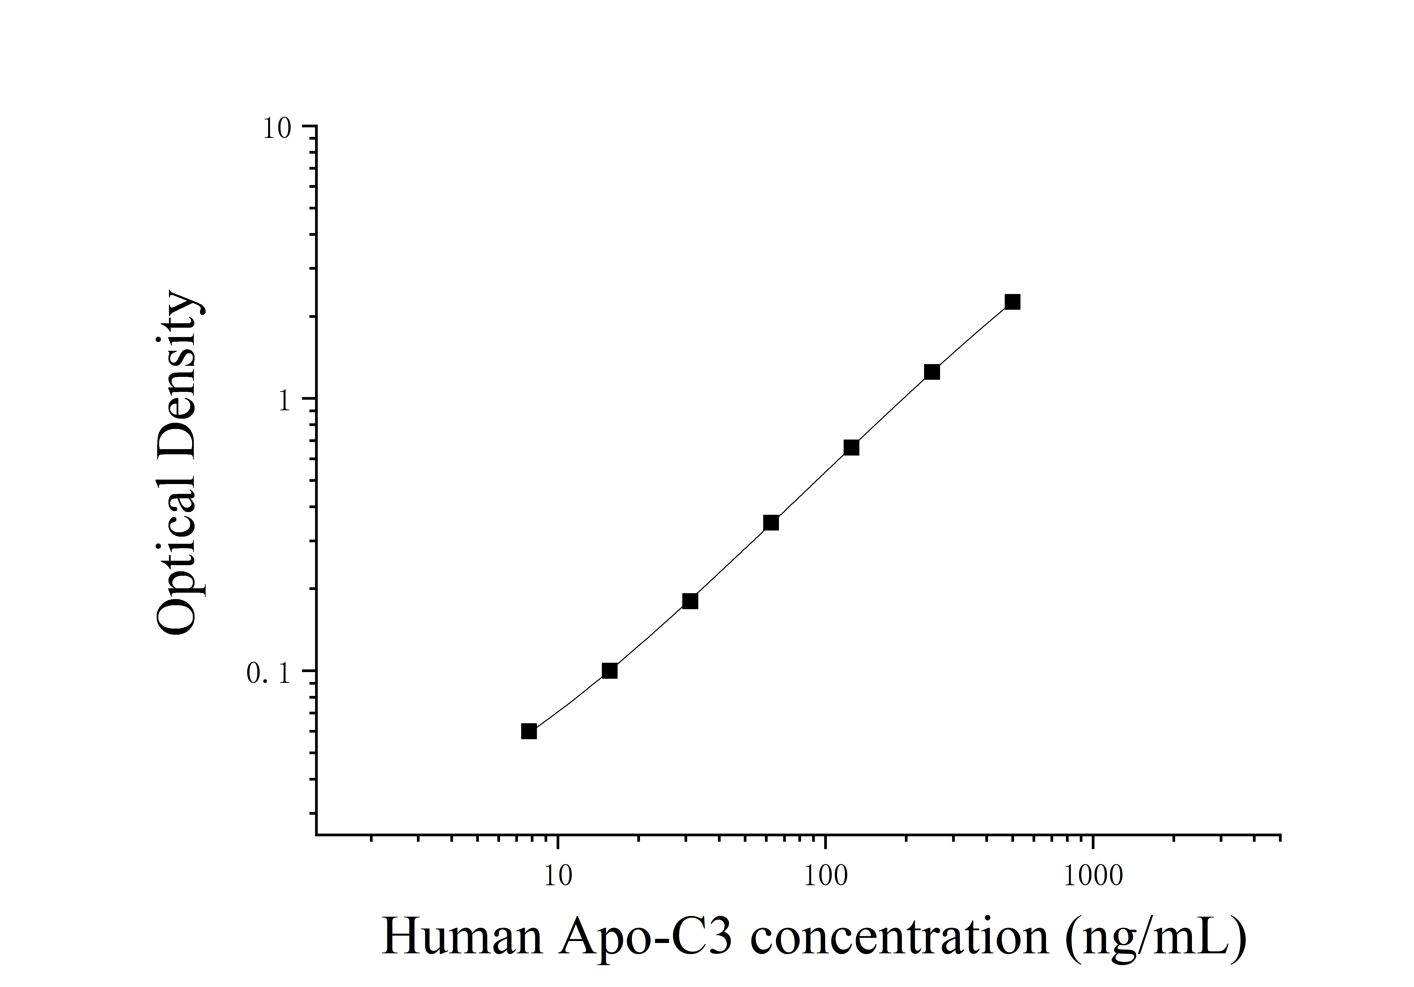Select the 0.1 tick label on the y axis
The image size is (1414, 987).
pyautogui.click(x=268, y=674)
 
